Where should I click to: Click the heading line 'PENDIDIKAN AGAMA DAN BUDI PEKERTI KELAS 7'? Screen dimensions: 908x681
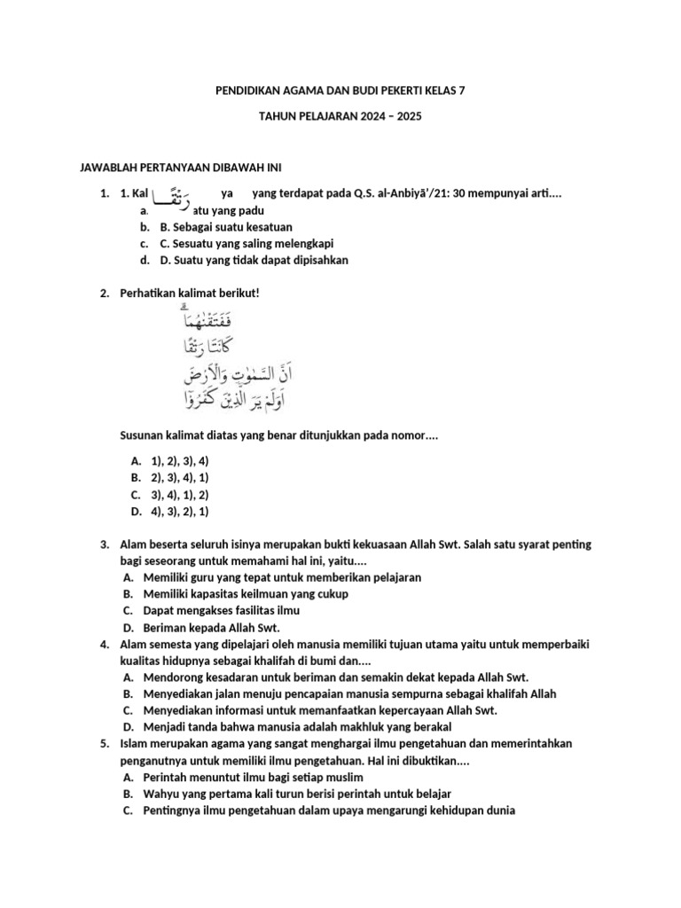pyautogui.click(x=340, y=90)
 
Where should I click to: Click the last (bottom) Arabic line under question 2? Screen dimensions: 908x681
pyautogui.click(x=225, y=400)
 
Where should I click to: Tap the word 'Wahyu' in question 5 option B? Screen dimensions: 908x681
pyautogui.click(x=160, y=794)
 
